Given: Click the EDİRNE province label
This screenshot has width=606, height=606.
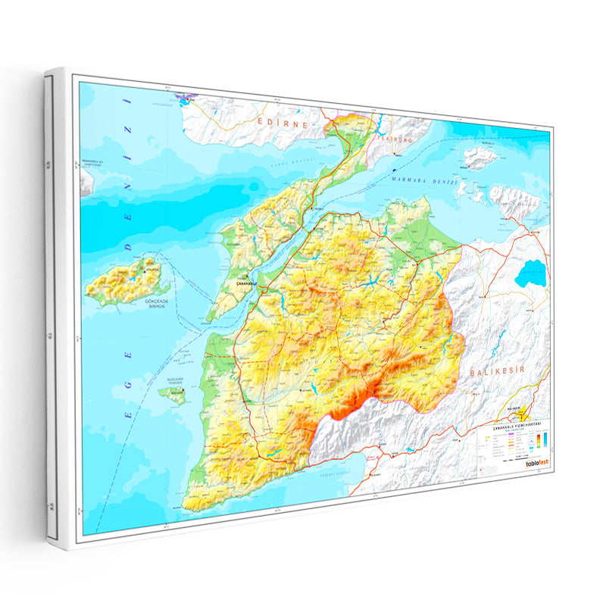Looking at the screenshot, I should coord(282,122).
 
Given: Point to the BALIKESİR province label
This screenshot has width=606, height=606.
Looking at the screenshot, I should coord(497,372).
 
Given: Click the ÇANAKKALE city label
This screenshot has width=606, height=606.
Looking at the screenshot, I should coord(247,283).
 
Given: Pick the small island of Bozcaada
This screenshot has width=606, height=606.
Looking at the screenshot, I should coord(176,395).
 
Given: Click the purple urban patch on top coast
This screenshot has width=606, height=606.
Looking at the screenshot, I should coord(186,98).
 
